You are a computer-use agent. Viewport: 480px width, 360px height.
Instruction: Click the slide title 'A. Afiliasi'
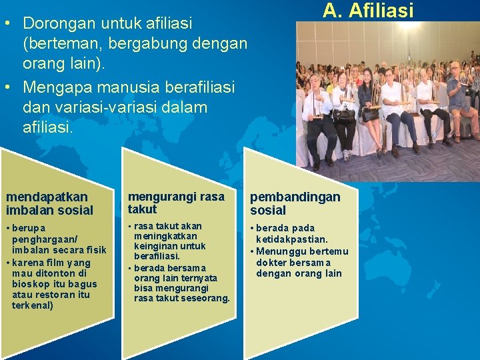[368, 11]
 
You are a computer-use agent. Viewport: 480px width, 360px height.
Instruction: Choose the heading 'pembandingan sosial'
[295, 203]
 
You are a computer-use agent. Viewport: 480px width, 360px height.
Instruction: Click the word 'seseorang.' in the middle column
[205, 298]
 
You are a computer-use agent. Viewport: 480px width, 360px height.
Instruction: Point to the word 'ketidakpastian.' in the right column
[292, 239]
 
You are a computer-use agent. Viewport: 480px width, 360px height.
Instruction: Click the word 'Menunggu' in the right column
[279, 251]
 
